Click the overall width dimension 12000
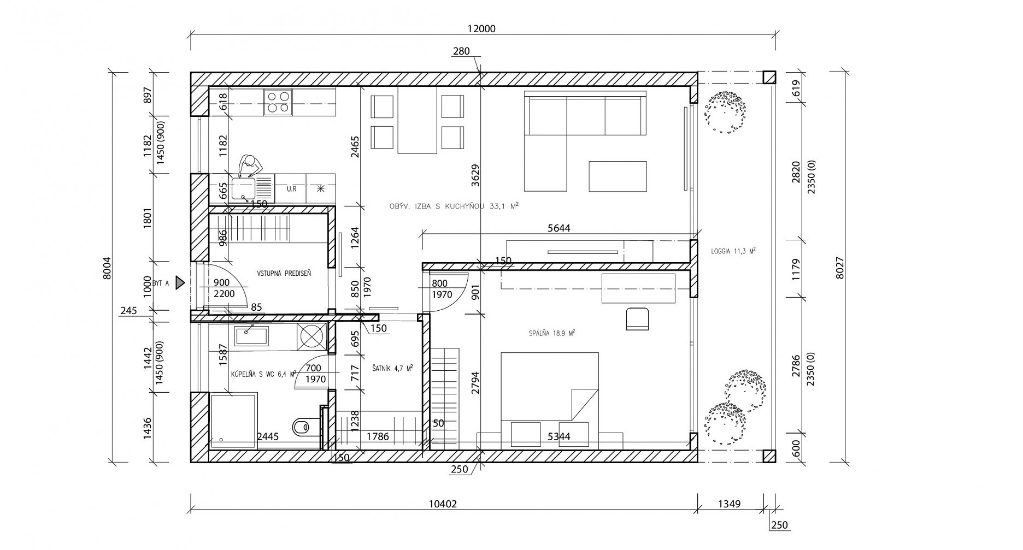[x=481, y=29]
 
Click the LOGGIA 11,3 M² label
[x=733, y=251]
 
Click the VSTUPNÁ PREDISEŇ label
[x=284, y=273]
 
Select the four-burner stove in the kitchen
[x=277, y=102]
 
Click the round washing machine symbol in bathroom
[x=312, y=336]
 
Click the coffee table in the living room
[x=618, y=176]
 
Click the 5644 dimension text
[x=558, y=228]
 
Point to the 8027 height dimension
[x=840, y=268]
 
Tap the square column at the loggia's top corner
[x=769, y=77]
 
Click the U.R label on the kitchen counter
[x=291, y=189]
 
